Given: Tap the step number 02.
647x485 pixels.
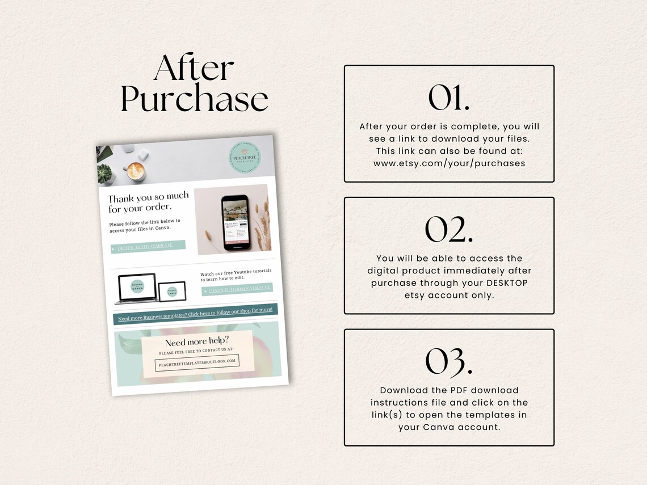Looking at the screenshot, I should (x=448, y=229).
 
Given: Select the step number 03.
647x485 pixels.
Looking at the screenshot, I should (x=448, y=361).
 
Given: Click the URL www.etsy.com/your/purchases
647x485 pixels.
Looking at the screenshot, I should (x=449, y=163).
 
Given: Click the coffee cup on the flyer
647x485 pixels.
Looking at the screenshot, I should (x=136, y=170).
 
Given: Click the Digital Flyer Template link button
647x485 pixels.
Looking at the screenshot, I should (x=148, y=247).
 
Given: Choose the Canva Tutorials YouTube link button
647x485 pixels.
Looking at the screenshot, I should (x=237, y=290).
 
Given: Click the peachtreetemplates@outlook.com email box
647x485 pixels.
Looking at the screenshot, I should (x=197, y=362).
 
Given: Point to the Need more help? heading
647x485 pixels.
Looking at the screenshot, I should (x=197, y=343).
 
